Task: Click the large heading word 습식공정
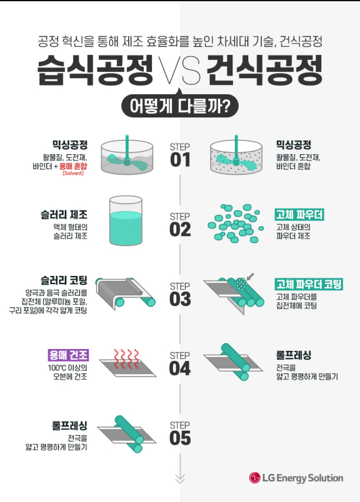95,70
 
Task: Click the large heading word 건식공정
264,70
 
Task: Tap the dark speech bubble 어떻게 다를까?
180,106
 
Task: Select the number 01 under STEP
180,160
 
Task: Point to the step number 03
180,299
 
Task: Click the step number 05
180,438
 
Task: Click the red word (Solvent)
73,173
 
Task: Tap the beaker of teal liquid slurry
126,220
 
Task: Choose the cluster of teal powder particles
236,223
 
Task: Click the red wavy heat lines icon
127,359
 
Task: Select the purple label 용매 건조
68,355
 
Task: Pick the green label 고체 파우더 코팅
309,284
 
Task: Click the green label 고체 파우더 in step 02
299,215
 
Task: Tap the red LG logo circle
254,478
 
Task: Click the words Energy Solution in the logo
309,478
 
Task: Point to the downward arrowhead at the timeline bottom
180,479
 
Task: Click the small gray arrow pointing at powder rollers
251,277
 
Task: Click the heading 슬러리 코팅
64,280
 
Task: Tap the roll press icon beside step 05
127,434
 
